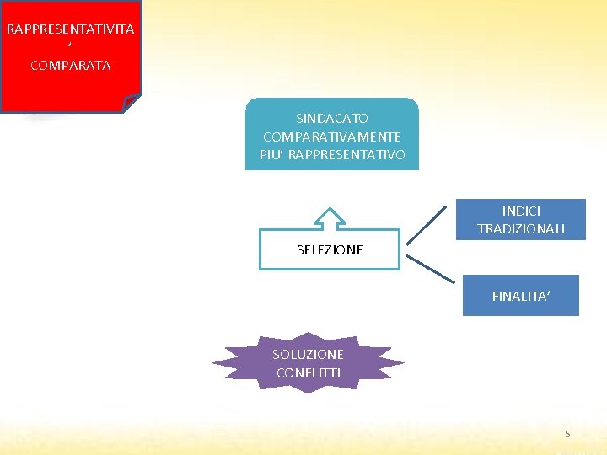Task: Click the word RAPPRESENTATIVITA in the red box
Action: coord(70,29)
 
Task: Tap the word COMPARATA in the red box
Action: coord(70,65)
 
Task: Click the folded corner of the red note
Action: coord(131,103)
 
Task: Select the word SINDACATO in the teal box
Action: coord(331,119)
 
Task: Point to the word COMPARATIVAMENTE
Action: coord(331,136)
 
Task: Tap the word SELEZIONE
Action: coord(330,249)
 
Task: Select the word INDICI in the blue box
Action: coord(521,211)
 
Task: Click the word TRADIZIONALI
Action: coord(521,229)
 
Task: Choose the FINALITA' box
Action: coord(520,296)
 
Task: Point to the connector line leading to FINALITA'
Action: coord(430,267)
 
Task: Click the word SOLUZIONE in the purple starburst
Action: coord(308,354)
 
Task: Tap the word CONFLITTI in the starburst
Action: coord(308,372)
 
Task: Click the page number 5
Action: coord(567,433)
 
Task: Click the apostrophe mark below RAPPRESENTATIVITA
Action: coord(70,47)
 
